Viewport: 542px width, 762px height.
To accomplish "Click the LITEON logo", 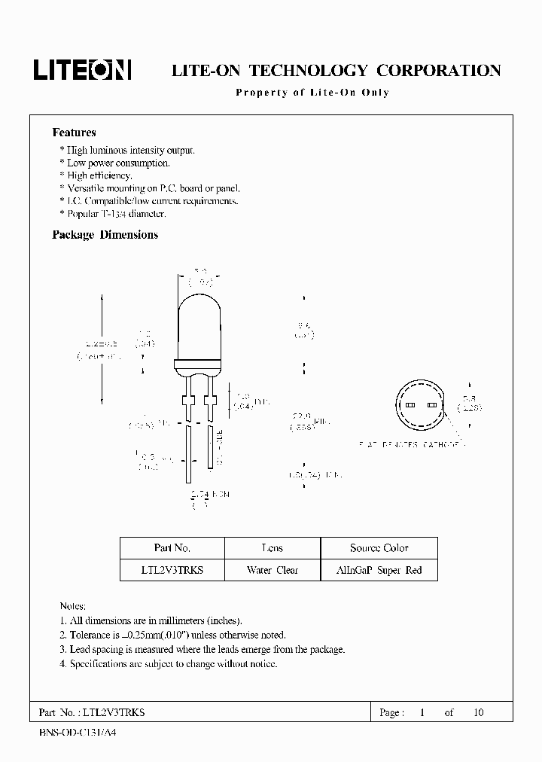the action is point(82,70).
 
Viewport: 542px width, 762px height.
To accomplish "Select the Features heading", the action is point(74,133).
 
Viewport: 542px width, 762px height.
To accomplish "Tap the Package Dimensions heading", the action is point(105,235).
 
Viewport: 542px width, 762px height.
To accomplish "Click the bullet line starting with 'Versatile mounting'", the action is point(148,188).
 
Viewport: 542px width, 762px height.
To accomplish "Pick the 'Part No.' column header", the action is point(172,548).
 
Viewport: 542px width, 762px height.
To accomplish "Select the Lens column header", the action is point(272,548).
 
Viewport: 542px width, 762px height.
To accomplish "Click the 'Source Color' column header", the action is point(379,548).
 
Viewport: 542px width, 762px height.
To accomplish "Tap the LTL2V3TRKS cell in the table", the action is point(172,570).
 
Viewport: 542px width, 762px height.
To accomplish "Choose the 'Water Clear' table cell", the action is point(273,570).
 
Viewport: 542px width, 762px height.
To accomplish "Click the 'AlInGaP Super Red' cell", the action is point(379,570).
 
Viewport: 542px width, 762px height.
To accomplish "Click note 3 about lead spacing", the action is point(202,649).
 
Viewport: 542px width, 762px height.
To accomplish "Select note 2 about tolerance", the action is point(172,636).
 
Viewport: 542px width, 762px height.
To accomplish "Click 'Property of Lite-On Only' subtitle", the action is point(312,93).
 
